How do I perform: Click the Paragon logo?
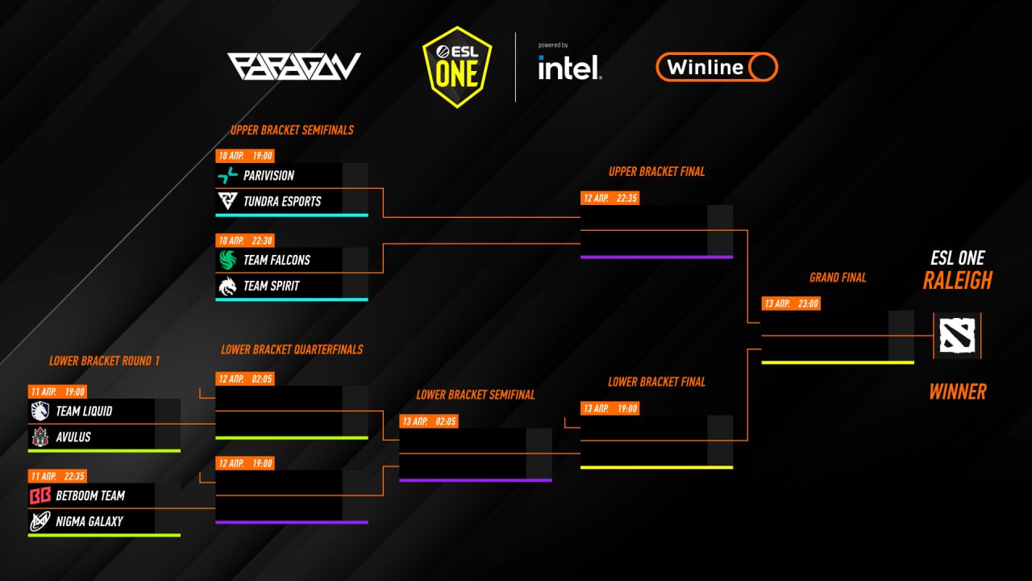pos(294,66)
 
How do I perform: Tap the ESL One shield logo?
pos(457,67)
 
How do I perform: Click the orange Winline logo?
pos(717,67)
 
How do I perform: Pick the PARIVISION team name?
pos(268,176)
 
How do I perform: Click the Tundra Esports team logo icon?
pos(227,201)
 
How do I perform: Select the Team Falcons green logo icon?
pos(227,260)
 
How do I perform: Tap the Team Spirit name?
pos(272,286)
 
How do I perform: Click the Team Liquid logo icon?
pos(40,411)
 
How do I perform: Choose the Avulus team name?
pos(73,437)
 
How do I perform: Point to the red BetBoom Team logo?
pos(40,495)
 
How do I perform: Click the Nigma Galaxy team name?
pos(89,521)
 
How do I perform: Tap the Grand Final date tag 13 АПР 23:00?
pos(791,303)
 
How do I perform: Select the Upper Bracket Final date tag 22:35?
pos(610,199)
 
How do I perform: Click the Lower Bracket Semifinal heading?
pos(476,395)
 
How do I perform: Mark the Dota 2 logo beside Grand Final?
pos(957,335)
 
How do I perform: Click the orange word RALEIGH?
pos(957,280)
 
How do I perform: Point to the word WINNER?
pos(958,392)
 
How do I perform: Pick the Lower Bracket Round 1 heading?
pos(105,361)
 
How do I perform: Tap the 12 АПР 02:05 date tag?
pos(245,379)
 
